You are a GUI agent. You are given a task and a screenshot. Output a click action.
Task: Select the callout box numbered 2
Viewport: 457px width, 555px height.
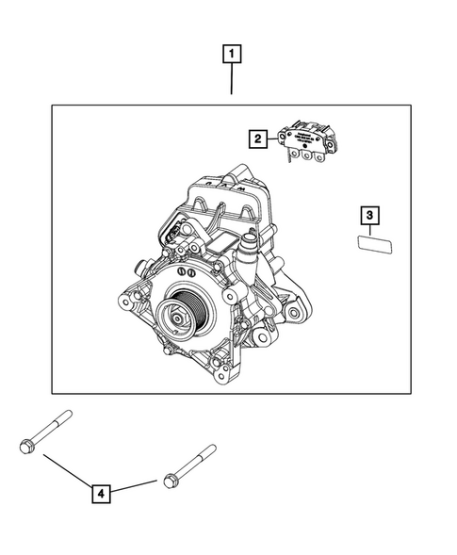[x=255, y=139]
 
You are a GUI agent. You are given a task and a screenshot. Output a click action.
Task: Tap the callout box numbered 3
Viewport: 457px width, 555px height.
[x=371, y=217]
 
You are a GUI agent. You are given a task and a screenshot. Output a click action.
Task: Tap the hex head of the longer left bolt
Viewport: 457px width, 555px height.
[x=26, y=445]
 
